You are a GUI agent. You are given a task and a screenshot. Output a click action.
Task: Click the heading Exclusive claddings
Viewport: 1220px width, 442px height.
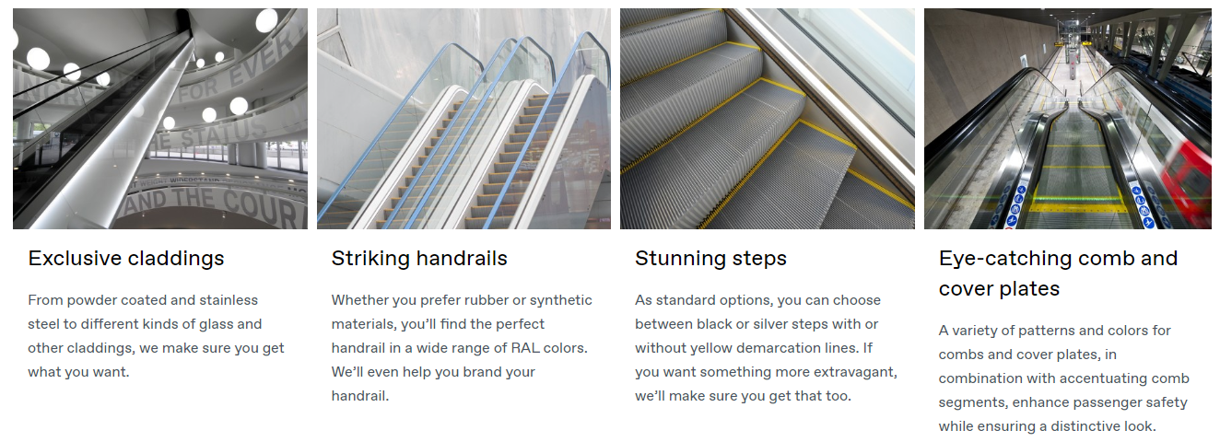126,259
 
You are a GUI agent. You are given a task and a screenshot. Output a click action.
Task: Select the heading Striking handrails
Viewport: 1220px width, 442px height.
419,259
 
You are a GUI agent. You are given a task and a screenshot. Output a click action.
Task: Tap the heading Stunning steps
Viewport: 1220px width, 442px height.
710,259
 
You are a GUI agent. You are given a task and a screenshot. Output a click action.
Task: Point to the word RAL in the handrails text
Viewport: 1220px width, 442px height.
524,348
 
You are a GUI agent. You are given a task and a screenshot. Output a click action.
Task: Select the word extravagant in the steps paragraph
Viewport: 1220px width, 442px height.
862,372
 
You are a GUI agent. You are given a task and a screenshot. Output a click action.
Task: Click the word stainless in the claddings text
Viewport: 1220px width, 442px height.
229,300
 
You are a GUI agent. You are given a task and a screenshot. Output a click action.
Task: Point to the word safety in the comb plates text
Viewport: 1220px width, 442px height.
1165,402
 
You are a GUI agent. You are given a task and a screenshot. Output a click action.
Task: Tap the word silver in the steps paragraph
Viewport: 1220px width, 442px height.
769,324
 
